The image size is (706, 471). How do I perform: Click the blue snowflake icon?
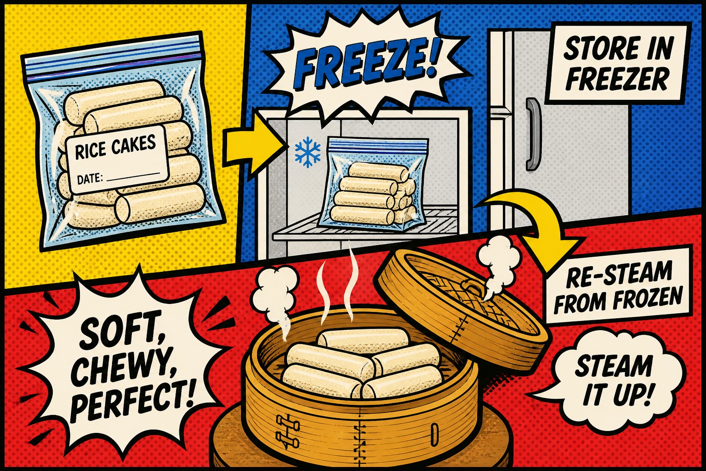point(307,154)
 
